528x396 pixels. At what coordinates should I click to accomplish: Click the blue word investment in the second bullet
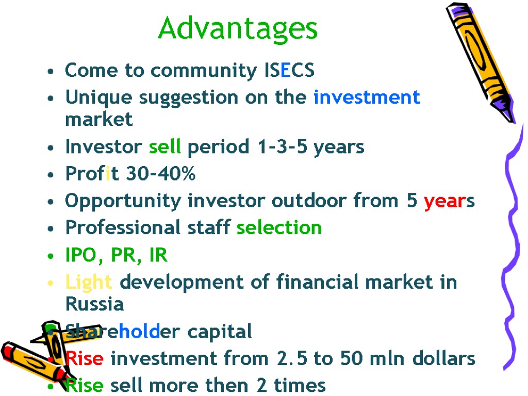(x=367, y=97)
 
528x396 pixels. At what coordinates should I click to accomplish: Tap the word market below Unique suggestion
(x=98, y=120)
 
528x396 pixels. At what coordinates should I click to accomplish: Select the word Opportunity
(x=123, y=201)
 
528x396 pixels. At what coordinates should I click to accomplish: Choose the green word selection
(x=279, y=227)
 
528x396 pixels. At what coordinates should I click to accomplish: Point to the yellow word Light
(x=89, y=283)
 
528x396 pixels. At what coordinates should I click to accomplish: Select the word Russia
(x=95, y=304)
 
